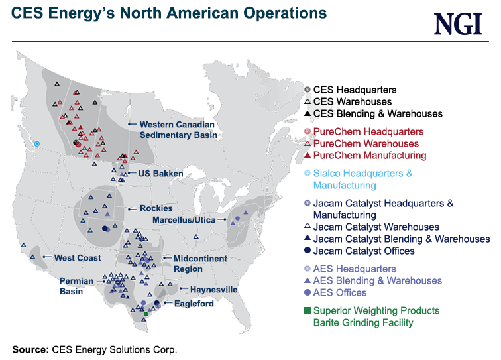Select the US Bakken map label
160,174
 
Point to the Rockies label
156,208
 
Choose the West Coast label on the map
78,257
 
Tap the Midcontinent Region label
200,263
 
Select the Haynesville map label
213,290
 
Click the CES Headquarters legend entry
355,90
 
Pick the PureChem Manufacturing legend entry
369,155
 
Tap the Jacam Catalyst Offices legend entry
363,251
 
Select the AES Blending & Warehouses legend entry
377,280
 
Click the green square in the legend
307,310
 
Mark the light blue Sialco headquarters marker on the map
38,143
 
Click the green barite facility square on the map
146,314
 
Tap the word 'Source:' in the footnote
29,349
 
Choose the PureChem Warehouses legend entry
366,143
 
